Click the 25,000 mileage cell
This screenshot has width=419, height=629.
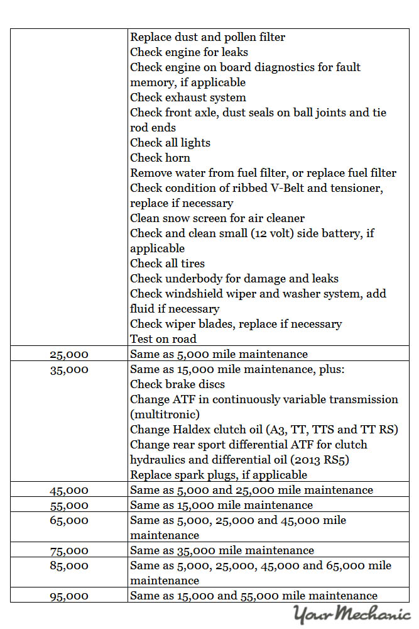click(x=69, y=354)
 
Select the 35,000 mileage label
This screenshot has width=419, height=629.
click(x=69, y=369)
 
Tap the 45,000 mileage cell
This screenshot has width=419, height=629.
click(x=69, y=490)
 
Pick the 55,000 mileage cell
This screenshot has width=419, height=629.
click(x=69, y=505)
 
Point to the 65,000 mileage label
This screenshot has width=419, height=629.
click(x=69, y=520)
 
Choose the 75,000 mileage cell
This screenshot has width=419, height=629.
click(x=69, y=550)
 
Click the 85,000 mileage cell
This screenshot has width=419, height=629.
click(x=69, y=565)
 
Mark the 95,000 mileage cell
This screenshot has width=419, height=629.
click(x=69, y=596)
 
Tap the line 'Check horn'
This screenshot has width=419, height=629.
click(x=160, y=158)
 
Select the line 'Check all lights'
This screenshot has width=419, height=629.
click(x=170, y=143)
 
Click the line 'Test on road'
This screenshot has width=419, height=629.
click(x=163, y=339)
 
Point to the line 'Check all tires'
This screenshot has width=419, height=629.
click(x=167, y=264)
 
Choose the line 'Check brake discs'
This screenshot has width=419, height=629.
click(x=177, y=384)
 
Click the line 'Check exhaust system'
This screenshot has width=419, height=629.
click(x=188, y=97)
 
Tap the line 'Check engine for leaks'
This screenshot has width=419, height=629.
click(x=188, y=52)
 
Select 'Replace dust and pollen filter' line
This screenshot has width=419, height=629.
click(x=207, y=37)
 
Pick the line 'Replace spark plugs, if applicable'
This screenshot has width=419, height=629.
click(x=219, y=475)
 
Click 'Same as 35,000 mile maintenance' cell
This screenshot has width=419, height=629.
click(x=222, y=550)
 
